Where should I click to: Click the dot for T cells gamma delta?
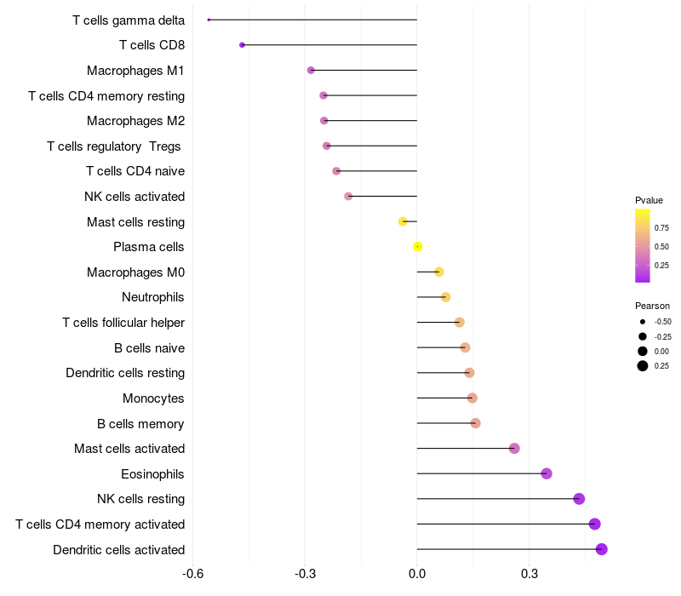(209, 20)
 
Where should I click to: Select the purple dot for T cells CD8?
(243, 45)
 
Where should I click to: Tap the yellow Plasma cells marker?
(418, 247)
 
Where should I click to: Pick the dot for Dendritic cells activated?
(602, 549)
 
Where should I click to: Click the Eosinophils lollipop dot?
(547, 473)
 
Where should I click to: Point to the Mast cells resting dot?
(403, 221)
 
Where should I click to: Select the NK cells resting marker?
(579, 499)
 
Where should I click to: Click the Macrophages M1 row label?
(135, 71)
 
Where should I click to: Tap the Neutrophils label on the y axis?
(153, 297)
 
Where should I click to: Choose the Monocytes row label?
(153, 398)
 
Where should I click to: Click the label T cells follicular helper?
(123, 323)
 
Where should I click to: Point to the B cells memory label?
(140, 423)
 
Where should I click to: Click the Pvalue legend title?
(649, 200)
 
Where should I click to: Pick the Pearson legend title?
(652, 306)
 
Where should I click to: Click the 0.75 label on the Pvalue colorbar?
(661, 227)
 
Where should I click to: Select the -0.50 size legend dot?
(643, 322)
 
